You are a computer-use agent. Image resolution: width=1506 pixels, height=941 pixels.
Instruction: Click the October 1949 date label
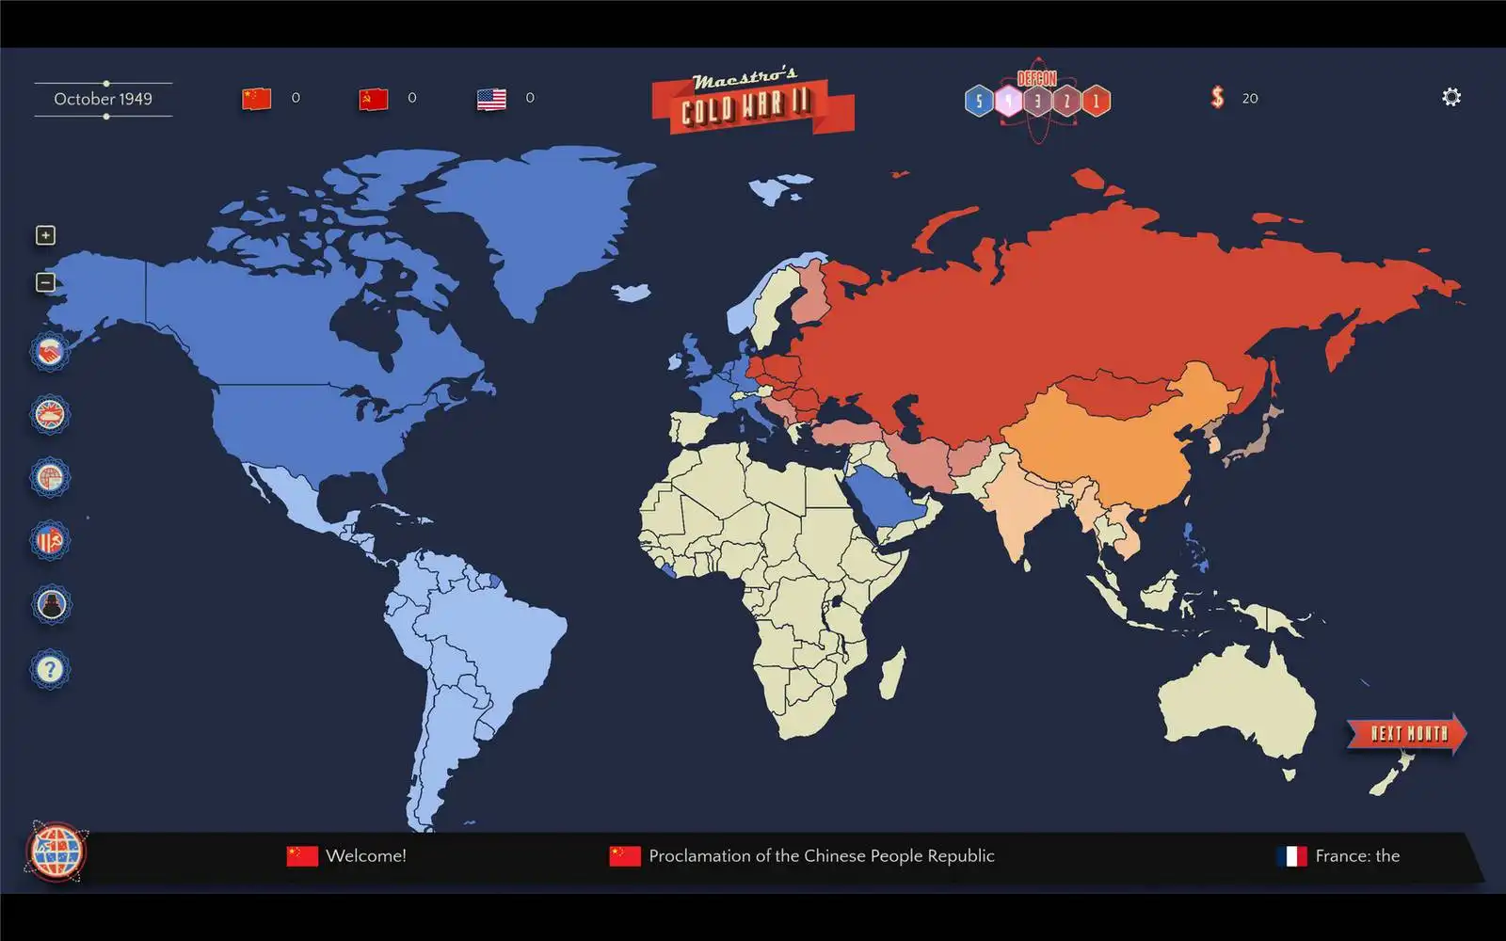tap(103, 99)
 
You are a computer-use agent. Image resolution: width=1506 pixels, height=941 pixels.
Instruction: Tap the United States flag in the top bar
tap(491, 99)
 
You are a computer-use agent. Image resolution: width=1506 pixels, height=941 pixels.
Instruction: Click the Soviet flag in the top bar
tap(374, 99)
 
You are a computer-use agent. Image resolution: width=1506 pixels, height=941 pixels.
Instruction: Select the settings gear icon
tap(1451, 97)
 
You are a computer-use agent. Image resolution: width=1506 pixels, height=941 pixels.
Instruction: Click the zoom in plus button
tap(45, 235)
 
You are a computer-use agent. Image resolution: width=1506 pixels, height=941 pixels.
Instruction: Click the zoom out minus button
tap(45, 282)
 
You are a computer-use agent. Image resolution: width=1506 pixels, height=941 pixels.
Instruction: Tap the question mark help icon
tap(50, 669)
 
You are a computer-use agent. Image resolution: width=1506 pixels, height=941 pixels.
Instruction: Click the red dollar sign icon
tap(1217, 98)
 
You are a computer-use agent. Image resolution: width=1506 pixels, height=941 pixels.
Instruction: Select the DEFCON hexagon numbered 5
tap(979, 101)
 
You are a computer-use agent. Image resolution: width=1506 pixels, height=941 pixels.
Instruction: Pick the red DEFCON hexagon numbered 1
tap(1096, 101)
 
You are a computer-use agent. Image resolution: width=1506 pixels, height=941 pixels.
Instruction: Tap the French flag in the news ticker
tap(1292, 856)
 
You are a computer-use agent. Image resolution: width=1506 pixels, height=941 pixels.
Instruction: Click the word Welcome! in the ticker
tap(365, 856)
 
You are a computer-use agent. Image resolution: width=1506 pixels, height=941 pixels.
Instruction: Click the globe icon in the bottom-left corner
tap(56, 851)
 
